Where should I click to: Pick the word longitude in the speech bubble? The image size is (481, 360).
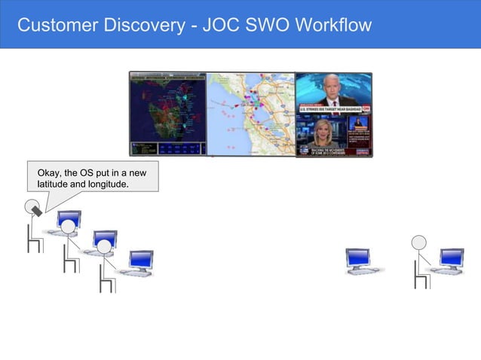pos(109,185)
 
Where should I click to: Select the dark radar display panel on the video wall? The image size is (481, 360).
pos(167,114)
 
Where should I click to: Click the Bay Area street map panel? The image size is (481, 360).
pos(250,114)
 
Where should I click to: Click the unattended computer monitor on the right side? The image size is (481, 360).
pos(358,258)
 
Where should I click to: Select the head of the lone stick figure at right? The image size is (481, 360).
pos(418,242)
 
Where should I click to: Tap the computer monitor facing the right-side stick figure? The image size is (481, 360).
pos(452,258)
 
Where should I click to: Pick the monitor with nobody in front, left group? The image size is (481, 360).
pos(141,261)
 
